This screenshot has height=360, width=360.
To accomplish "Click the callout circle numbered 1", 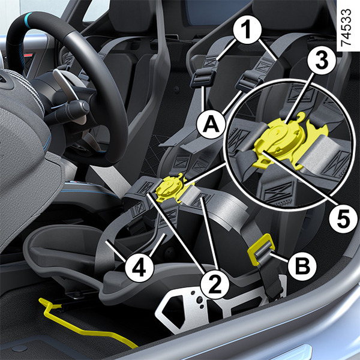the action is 247,30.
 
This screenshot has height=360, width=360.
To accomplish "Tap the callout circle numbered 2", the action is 215,284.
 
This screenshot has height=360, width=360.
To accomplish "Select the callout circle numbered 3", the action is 322,60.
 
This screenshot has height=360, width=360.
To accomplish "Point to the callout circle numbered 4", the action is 139,268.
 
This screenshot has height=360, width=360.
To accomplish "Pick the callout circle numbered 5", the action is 343,219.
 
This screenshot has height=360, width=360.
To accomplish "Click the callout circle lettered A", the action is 211,125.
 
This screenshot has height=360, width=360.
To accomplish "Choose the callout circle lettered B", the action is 302,266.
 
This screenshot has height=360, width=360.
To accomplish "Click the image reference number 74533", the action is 346,27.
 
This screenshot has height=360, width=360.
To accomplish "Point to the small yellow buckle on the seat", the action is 171,188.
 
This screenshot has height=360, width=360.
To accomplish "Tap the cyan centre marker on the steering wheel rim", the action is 28,17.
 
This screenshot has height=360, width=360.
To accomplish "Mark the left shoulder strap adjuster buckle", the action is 203,79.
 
